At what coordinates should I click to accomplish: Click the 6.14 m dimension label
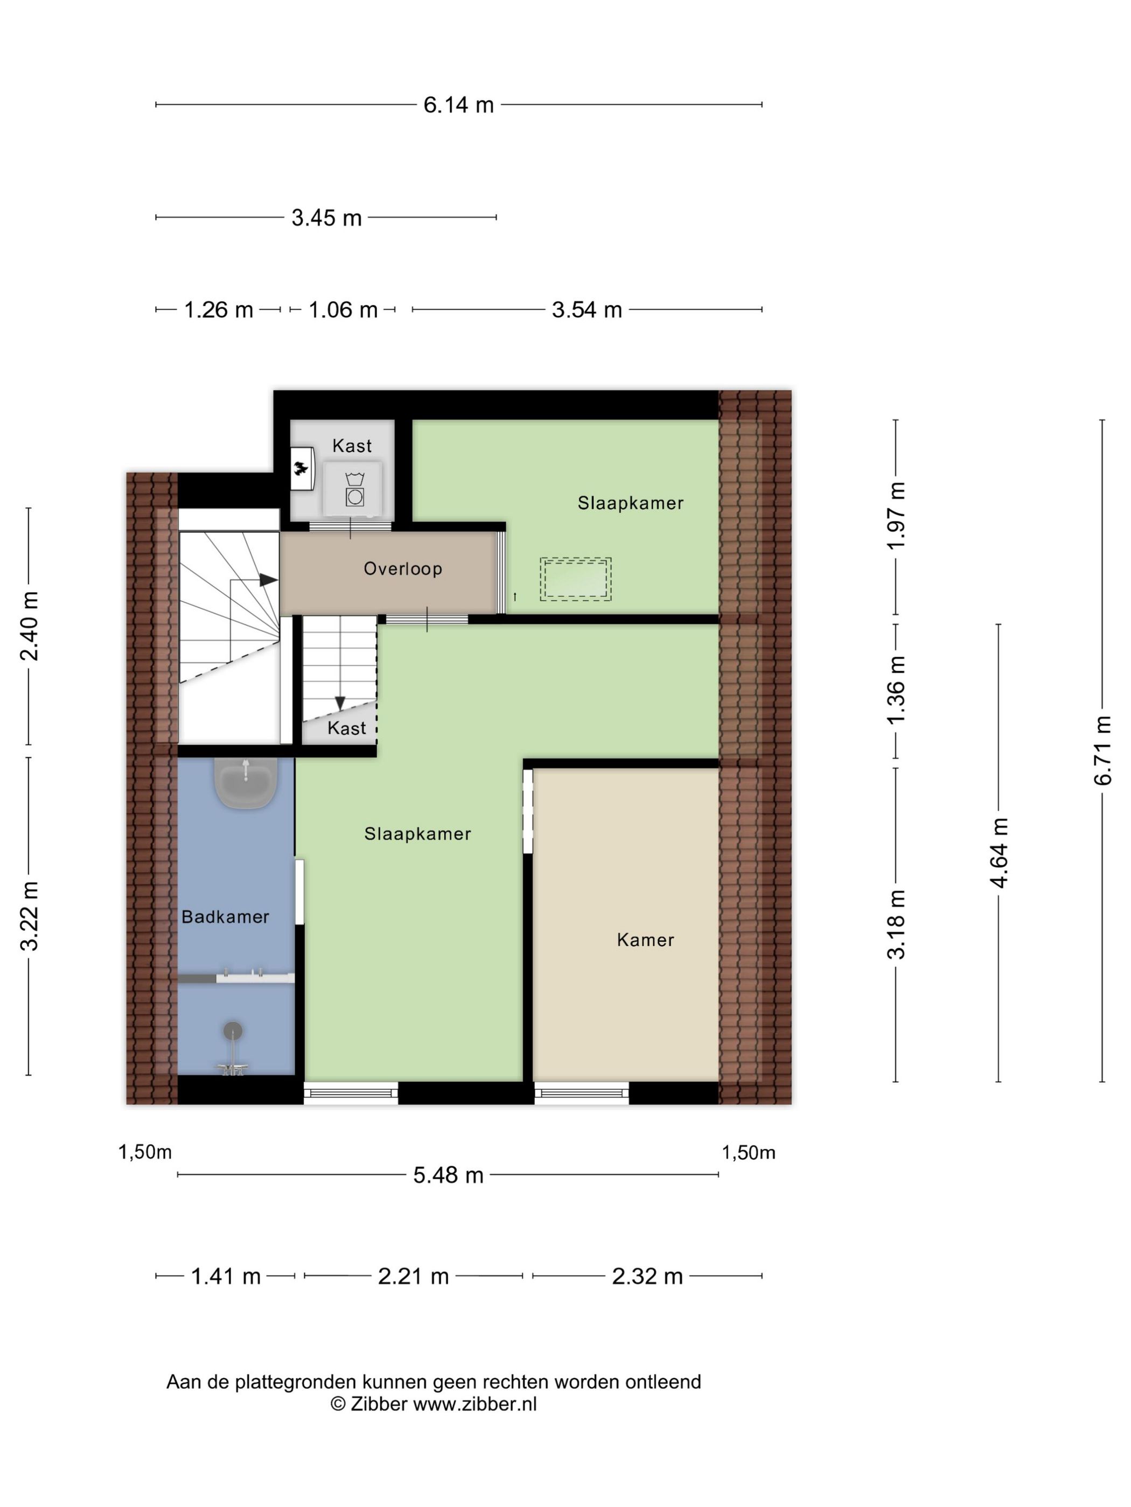point(458,105)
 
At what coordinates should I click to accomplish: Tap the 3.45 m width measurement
point(326,218)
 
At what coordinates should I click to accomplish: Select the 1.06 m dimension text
point(343,310)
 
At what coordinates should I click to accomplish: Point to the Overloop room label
point(402,568)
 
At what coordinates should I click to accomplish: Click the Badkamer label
point(225,917)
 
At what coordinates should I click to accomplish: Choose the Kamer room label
point(645,940)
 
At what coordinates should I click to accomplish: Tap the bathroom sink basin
point(246,781)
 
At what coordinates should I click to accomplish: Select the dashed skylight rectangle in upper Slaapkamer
point(575,579)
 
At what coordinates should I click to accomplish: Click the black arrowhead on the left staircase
point(268,580)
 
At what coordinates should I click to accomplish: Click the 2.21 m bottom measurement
point(413,1276)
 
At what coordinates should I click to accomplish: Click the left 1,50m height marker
point(144,1152)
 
